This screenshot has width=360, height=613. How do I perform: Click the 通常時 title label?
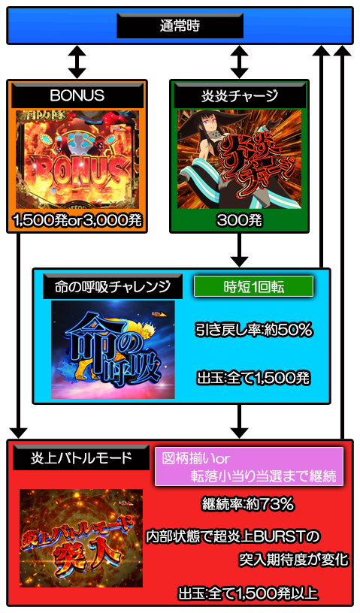coord(180,26)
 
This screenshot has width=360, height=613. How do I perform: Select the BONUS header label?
coord(77,95)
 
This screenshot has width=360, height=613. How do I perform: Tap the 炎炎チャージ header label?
coord(240,95)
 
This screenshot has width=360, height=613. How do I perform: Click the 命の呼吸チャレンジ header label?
coord(112,286)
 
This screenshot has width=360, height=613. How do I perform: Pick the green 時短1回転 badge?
coord(253,286)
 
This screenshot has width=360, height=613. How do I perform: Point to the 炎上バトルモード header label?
coord(81,457)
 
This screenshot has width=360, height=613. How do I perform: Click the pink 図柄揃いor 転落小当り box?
coord(250,467)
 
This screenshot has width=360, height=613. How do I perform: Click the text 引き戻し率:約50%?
coord(253,331)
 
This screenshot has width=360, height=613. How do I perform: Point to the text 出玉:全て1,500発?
coord(253,378)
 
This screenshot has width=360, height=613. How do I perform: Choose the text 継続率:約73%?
coord(248,504)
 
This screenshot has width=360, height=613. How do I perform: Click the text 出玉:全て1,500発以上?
coord(248,593)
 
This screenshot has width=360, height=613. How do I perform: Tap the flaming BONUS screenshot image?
coord(77,159)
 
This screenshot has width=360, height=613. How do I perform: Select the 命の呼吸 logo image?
coord(113,350)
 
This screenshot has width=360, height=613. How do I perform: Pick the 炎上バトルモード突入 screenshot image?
coord(81,538)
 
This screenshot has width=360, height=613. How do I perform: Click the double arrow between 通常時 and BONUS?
coord(77,62)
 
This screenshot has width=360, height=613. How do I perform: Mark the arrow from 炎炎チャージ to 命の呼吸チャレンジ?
coord(240,250)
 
